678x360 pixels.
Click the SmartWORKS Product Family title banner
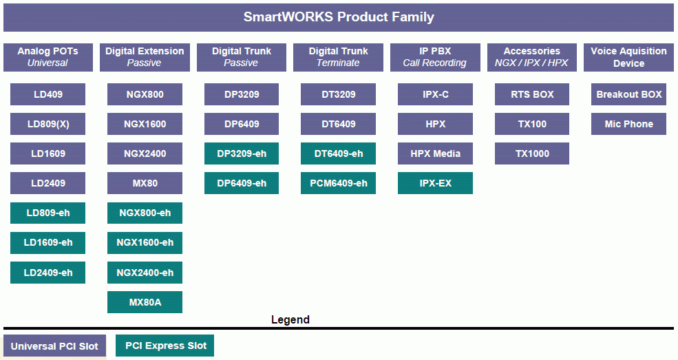pos(339,17)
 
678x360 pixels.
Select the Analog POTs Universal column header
pos(48,57)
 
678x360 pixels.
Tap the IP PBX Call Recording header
pos(435,57)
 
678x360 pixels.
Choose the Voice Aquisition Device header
pos(628,57)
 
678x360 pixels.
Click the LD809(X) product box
pos(48,124)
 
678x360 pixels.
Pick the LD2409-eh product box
pos(48,273)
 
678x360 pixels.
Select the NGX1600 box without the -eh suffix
pos(145,124)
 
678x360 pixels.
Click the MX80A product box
pos(145,302)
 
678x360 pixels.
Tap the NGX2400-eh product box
pos(145,273)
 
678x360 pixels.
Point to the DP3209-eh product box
pos(242,153)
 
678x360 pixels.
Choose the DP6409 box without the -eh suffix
pos(242,124)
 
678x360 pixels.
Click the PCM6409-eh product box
pos(339,183)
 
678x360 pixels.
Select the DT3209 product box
pos(339,94)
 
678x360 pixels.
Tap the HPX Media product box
pos(436,153)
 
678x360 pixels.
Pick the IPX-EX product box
pos(436,183)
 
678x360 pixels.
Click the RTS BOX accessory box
pos(532,94)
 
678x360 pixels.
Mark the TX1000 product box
pos(532,153)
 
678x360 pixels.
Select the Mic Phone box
pos(628,124)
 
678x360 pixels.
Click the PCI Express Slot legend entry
pos(165,346)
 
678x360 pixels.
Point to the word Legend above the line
pos(290,320)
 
